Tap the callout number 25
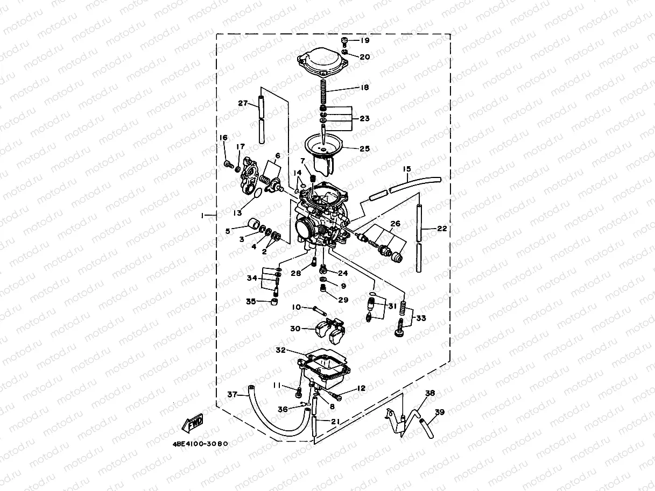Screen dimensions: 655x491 click(x=365, y=149)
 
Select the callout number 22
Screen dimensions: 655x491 click(x=442, y=229)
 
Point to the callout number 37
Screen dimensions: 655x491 click(x=232, y=394)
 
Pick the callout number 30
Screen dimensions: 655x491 click(x=295, y=329)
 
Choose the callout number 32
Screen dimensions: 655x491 click(x=280, y=350)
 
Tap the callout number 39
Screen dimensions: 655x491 click(x=440, y=412)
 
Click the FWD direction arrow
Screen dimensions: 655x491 click(x=194, y=423)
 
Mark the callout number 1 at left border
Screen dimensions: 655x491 click(x=203, y=215)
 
